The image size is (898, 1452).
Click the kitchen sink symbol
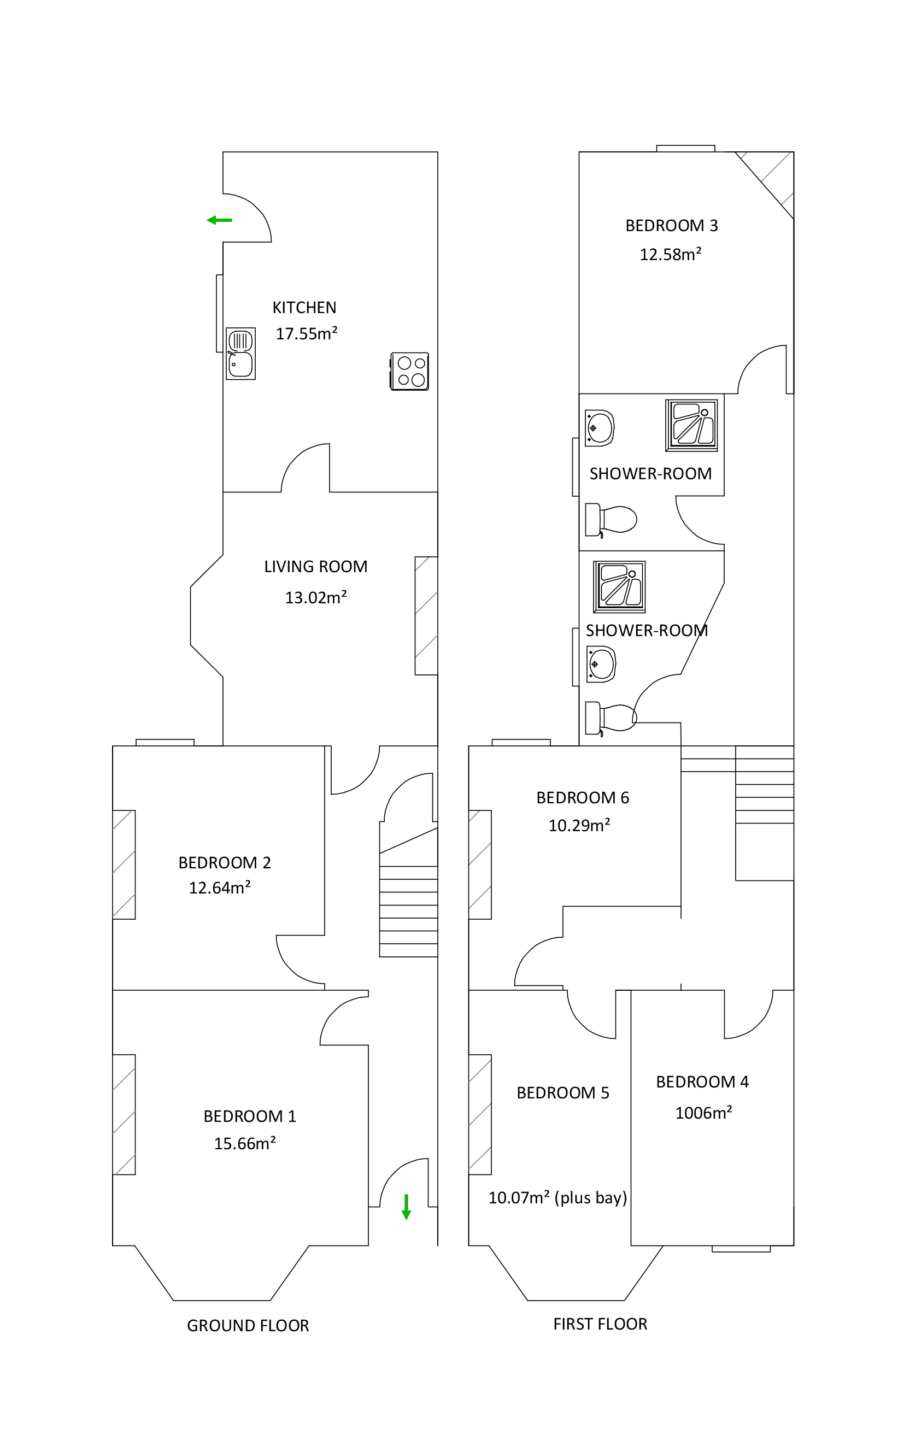(x=240, y=354)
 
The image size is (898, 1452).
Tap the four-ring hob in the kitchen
(x=410, y=371)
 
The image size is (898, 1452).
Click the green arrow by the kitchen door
(x=219, y=220)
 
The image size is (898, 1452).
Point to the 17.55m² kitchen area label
(x=307, y=333)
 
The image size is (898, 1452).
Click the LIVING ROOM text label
(x=315, y=567)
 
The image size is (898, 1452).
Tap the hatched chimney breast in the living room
(x=426, y=615)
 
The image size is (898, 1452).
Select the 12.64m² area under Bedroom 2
(x=220, y=888)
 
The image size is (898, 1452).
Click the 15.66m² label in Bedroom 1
(x=245, y=1143)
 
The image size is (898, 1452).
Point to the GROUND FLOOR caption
(x=248, y=1326)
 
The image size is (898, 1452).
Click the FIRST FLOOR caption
(x=600, y=1324)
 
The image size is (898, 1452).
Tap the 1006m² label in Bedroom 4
(x=703, y=1113)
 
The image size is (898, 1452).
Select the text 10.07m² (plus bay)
(x=557, y=1198)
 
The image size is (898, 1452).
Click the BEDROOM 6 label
(x=582, y=797)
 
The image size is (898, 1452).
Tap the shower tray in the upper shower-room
(x=691, y=425)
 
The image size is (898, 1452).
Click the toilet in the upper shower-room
(x=612, y=520)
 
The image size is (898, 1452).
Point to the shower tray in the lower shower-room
(x=619, y=587)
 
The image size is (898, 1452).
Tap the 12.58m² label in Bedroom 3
(x=671, y=254)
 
